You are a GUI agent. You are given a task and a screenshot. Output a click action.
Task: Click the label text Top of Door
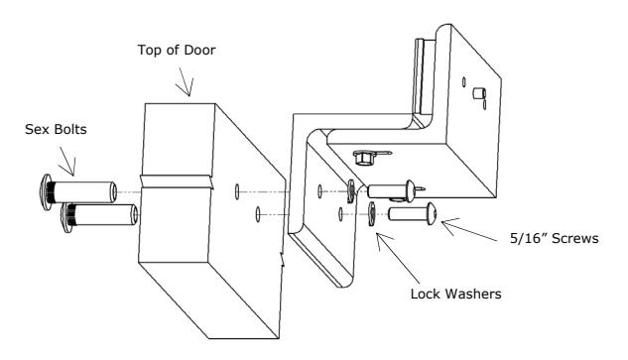177,50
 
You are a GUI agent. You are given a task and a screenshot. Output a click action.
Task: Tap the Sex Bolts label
56,129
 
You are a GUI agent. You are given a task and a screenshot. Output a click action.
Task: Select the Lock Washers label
455,294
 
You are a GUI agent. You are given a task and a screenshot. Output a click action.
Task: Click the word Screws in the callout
574,239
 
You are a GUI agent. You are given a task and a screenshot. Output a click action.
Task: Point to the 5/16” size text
528,239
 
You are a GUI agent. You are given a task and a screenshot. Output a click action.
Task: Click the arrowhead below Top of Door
187,89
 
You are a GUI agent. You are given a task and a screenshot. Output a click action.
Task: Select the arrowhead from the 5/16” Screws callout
446,224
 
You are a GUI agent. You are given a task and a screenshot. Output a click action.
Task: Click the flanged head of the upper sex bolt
47,192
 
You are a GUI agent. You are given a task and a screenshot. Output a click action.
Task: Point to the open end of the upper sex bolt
114,191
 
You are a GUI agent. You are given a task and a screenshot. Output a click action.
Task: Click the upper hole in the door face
237,191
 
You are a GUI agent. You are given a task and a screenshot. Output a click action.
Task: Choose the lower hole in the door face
258,214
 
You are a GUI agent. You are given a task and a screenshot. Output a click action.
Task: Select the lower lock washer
372,214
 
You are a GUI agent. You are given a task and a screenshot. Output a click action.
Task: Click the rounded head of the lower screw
432,213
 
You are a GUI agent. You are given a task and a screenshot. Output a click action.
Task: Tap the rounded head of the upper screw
411,191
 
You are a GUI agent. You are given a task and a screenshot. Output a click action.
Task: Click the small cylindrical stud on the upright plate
479,93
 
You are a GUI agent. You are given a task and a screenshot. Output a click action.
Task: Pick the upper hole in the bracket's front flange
319,191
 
